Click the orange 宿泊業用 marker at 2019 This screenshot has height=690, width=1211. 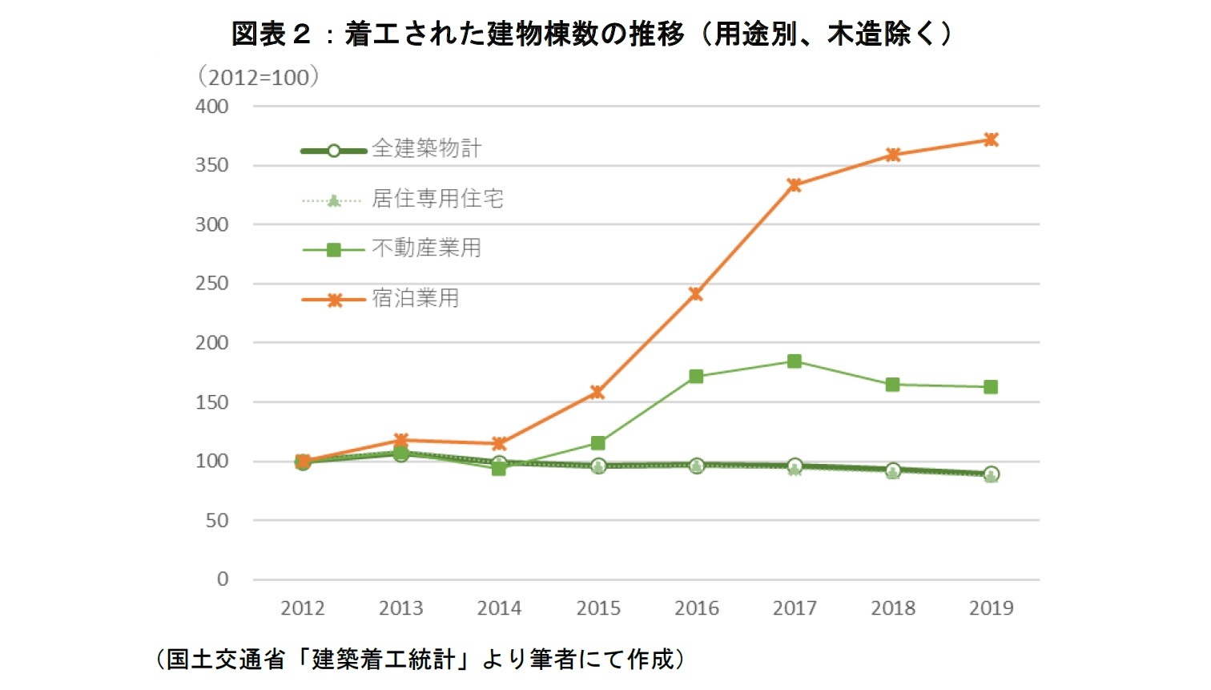(991, 139)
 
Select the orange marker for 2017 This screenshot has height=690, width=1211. (795, 185)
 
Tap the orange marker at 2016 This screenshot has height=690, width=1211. (696, 294)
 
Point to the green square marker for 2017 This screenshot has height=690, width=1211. (795, 361)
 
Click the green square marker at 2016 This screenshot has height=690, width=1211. (696, 377)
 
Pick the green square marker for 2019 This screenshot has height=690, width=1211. (991, 387)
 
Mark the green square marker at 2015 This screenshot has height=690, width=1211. (597, 443)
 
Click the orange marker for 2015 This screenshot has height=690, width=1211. (597, 393)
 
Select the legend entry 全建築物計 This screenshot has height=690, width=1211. (426, 149)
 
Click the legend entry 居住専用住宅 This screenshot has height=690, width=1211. (437, 199)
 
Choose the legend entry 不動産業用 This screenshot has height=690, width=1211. (426, 248)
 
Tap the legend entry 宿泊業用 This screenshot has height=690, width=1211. (415, 299)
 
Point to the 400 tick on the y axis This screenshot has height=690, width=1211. (212, 107)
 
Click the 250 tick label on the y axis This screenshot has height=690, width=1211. (212, 284)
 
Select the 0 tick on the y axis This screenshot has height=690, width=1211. (223, 579)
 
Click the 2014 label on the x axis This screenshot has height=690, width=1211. (499, 609)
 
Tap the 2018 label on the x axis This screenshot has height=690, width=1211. (893, 609)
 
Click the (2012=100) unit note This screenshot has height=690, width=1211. (258, 78)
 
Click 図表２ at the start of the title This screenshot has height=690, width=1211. (271, 34)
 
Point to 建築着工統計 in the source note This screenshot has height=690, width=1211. (383, 660)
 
